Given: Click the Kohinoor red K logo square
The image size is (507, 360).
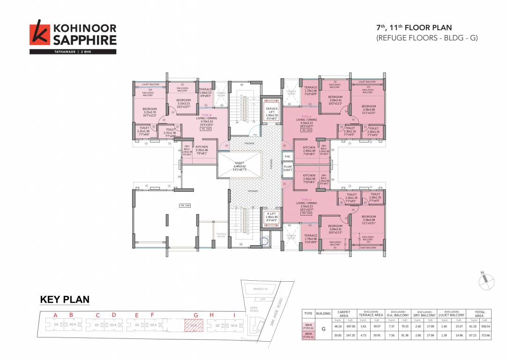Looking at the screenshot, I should (x=39, y=35).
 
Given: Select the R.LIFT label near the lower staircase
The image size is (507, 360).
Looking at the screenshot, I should (x=272, y=216).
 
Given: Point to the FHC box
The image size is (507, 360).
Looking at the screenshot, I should (x=287, y=156).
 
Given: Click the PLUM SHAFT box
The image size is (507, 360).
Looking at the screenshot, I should (x=287, y=168).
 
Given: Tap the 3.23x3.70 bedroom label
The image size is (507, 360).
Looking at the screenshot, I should (x=150, y=112).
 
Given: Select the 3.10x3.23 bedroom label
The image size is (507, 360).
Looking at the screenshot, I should (x=183, y=103).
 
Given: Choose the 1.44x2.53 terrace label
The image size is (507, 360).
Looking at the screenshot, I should (x=205, y=92).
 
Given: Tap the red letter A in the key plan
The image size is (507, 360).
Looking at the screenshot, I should (x=55, y=315).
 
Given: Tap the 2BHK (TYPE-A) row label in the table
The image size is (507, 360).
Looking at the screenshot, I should (x=308, y=336).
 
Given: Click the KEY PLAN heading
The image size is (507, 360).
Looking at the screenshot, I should (x=65, y=300).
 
